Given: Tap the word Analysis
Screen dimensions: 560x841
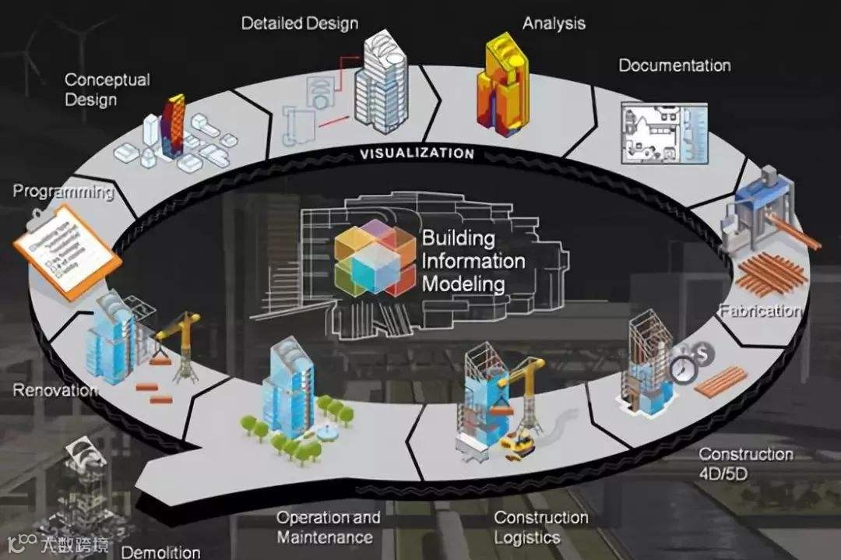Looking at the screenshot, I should click(x=553, y=23).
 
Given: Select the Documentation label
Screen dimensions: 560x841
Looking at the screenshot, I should click(x=674, y=65).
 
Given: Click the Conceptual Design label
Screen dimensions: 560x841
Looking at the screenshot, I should click(x=107, y=90).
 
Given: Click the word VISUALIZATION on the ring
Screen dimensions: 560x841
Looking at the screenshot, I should click(x=417, y=153).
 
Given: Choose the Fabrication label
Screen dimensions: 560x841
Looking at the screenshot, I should click(x=760, y=312).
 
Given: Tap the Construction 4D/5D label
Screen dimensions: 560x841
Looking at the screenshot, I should click(x=745, y=463).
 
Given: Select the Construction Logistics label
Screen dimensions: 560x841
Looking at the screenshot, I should click(x=540, y=527).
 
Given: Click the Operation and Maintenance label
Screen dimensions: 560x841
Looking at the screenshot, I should click(x=328, y=527).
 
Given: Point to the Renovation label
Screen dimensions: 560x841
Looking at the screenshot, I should click(x=55, y=389).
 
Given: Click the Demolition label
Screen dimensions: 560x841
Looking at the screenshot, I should click(x=160, y=552).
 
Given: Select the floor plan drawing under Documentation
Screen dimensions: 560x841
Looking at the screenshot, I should click(x=663, y=133).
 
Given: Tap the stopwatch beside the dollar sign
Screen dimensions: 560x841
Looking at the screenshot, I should click(x=684, y=368).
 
